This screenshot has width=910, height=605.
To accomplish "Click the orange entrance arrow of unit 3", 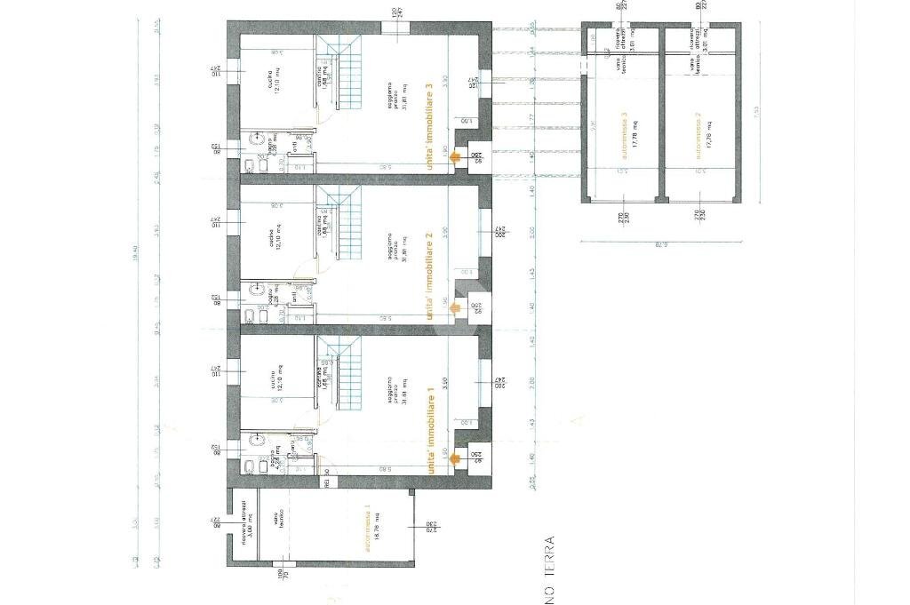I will (454, 157).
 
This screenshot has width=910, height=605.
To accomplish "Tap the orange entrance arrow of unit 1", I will (454, 459).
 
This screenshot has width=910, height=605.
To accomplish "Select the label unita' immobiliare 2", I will (430, 267).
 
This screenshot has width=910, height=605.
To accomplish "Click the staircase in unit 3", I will (341, 67).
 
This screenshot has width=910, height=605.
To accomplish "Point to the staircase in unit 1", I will (341, 369).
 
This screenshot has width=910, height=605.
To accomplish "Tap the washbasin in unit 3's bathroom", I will (258, 140).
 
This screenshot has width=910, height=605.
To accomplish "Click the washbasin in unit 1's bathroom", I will (258, 440).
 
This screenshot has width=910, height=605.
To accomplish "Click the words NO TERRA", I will (551, 569).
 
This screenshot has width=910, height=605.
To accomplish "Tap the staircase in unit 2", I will (341, 218).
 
